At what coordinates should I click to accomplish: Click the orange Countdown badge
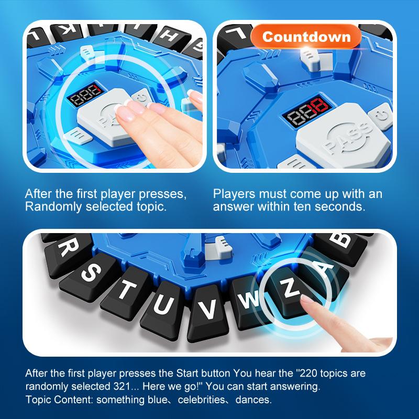pyautogui.click(x=306, y=37)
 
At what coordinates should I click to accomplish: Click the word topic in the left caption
pyautogui.click(x=151, y=206)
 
